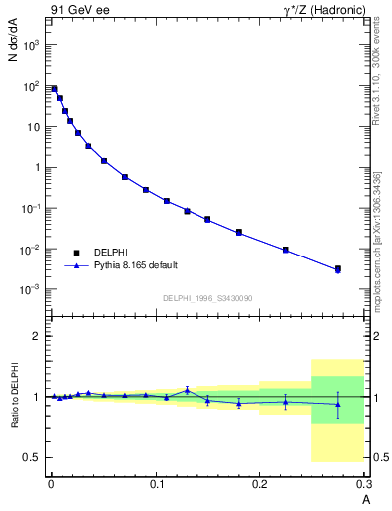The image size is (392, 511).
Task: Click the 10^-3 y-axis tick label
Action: pyautogui.click(x=30, y=289)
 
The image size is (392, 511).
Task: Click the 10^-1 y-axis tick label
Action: pyautogui.click(x=30, y=208)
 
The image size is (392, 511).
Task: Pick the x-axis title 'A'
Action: pyautogui.click(x=365, y=498)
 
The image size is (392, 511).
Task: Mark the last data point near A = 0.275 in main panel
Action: pyautogui.click(x=338, y=269)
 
